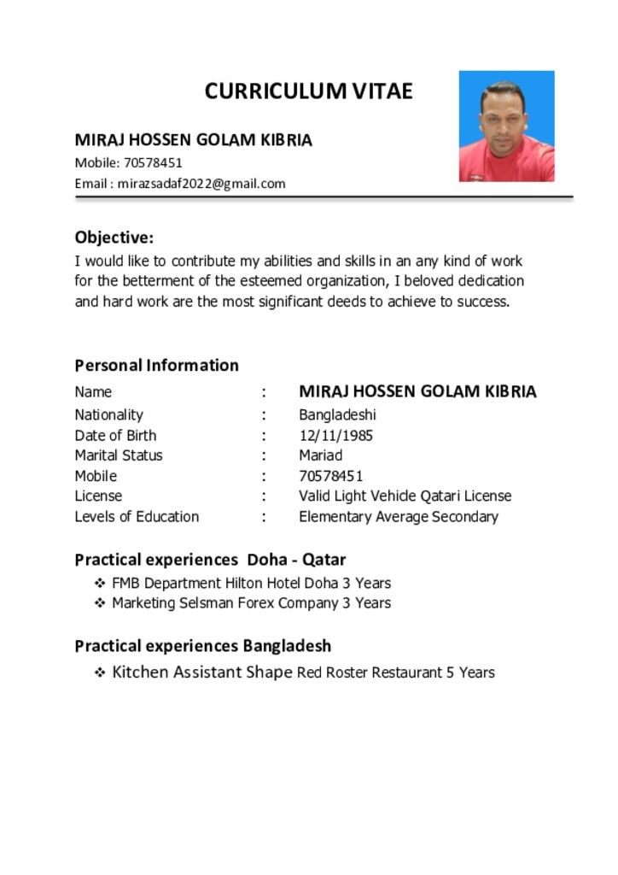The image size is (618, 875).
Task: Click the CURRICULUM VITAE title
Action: click(x=308, y=91)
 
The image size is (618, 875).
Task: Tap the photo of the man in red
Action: click(x=506, y=126)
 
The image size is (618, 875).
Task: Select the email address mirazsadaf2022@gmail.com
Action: click(x=201, y=184)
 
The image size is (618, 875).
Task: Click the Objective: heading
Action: click(x=114, y=238)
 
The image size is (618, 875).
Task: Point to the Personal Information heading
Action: click(x=156, y=366)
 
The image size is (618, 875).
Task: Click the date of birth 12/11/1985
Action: click(x=335, y=436)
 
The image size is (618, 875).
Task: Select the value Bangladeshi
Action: click(x=337, y=415)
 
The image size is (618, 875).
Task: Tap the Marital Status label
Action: click(x=118, y=455)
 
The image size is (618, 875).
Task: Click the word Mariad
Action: click(x=320, y=455)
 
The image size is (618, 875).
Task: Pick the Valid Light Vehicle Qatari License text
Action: click(x=405, y=496)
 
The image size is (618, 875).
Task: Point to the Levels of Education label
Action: click(x=137, y=517)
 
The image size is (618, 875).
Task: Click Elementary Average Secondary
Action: click(x=398, y=517)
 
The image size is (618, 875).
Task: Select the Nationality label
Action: click(x=108, y=415)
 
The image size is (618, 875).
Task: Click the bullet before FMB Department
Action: click(x=99, y=584)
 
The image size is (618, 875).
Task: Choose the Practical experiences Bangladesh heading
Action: click(x=202, y=646)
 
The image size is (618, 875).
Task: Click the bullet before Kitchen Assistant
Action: click(x=99, y=673)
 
